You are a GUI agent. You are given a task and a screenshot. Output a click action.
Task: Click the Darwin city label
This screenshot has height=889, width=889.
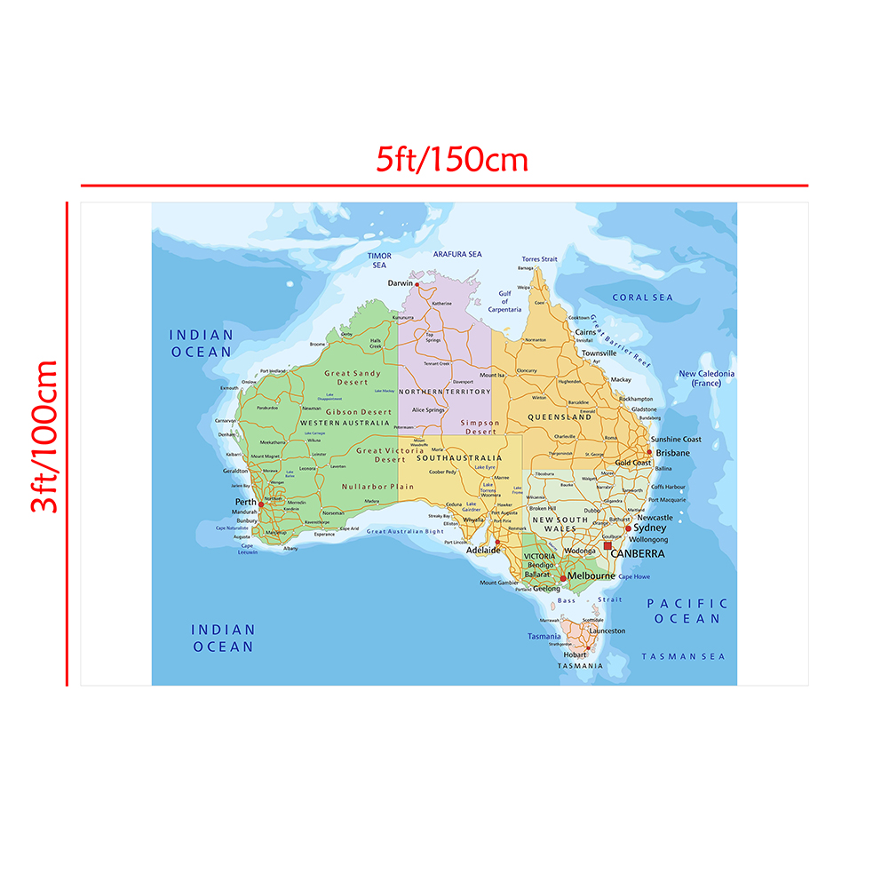(400, 283)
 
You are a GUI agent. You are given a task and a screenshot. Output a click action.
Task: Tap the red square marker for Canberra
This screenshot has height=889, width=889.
(607, 545)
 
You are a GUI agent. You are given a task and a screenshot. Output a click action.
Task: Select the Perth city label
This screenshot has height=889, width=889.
(246, 502)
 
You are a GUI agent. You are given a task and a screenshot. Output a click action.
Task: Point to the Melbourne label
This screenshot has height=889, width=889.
(591, 576)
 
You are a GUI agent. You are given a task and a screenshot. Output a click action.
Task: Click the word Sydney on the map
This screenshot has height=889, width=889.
(649, 528)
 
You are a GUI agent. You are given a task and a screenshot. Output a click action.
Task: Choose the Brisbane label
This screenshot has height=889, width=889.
(672, 453)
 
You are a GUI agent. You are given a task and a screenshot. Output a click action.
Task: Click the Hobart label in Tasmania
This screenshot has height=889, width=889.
(574, 655)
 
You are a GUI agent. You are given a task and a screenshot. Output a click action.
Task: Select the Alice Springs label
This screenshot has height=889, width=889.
(428, 410)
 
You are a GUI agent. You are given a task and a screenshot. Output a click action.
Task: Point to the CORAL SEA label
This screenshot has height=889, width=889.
(643, 298)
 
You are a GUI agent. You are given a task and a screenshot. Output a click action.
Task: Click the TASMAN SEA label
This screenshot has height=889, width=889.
(683, 656)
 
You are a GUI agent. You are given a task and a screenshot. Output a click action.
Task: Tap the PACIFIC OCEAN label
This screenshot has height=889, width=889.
(687, 611)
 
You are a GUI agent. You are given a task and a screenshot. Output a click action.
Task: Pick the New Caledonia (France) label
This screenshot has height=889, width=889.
(707, 378)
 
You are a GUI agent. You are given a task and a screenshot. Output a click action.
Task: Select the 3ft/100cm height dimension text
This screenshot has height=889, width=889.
(44, 436)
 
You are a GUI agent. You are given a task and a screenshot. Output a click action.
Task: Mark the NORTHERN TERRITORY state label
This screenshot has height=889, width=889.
(444, 392)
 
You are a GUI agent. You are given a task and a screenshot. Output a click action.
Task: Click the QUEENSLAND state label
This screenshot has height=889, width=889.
(560, 417)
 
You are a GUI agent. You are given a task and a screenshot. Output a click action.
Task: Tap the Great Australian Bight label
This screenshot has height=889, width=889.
(405, 532)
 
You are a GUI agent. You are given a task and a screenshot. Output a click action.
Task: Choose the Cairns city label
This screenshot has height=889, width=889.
(585, 332)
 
